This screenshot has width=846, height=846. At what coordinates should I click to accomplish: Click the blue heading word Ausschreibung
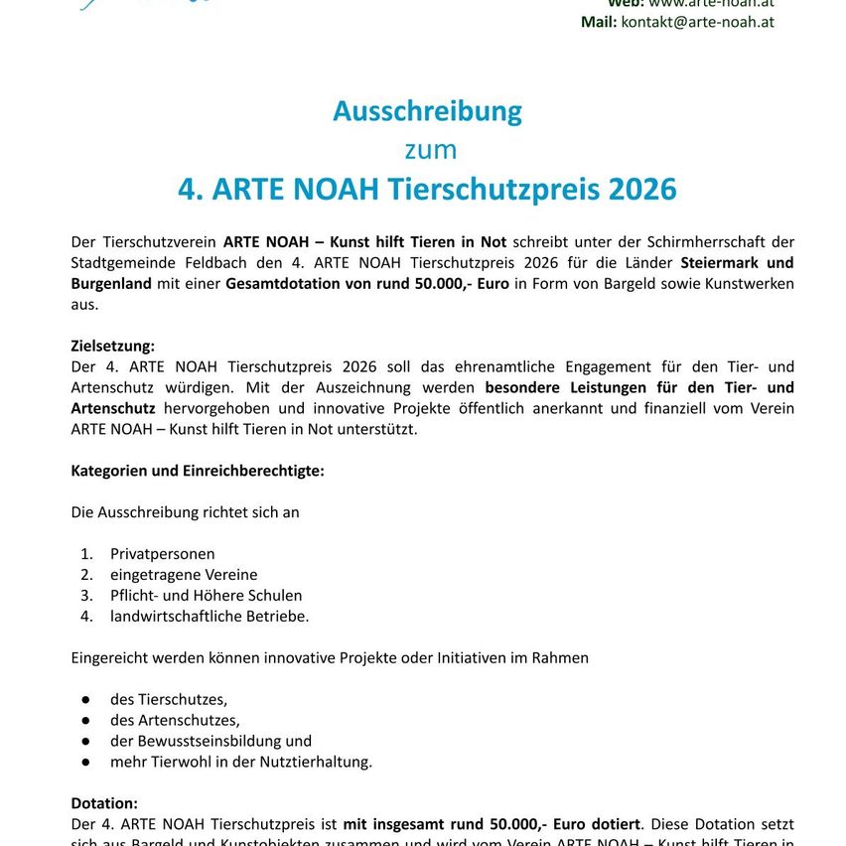(427, 111)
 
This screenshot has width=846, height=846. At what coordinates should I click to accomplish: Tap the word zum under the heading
(430, 150)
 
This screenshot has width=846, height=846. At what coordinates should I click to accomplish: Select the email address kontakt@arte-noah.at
(697, 22)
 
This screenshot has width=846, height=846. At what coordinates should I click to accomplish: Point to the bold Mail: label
(599, 22)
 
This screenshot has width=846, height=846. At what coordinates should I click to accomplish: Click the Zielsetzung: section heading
(113, 346)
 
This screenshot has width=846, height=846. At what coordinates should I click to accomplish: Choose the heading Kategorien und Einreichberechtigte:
(198, 471)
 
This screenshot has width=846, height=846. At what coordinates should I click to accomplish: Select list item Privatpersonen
(162, 553)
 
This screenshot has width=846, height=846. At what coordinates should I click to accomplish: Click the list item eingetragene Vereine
(184, 574)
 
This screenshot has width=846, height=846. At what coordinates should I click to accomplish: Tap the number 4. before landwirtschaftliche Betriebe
(87, 616)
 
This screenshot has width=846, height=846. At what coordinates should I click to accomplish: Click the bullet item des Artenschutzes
(175, 720)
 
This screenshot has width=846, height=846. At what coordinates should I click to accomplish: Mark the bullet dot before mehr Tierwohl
(87, 762)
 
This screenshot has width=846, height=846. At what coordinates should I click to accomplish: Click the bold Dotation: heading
(104, 803)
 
